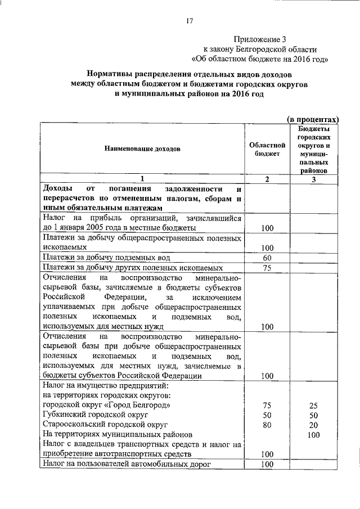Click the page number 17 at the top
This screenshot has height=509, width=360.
coord(189,21)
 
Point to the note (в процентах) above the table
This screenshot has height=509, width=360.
coord(312,119)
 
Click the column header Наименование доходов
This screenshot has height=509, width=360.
coord(142,150)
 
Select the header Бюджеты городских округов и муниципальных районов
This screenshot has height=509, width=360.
coord(314,149)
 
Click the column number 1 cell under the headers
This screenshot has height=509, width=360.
coord(142,179)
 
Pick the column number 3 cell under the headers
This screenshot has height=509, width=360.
coord(314,179)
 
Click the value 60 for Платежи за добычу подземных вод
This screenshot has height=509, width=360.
coord(267,258)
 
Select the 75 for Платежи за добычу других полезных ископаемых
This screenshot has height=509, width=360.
coord(267,268)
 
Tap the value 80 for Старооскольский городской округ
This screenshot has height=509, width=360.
coord(267,425)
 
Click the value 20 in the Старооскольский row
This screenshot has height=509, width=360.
coord(314,425)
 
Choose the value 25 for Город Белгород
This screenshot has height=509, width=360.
coord(314,405)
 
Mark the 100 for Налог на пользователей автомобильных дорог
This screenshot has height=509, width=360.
coord(267,464)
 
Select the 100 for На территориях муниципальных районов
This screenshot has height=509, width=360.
coord(314,435)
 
